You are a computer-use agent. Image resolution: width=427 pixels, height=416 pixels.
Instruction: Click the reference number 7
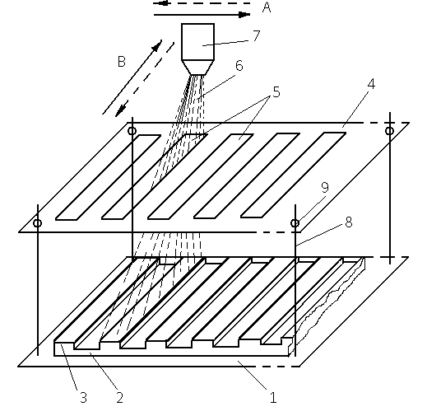click(257, 35)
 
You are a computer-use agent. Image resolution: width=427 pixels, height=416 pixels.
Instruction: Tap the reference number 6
click(239, 66)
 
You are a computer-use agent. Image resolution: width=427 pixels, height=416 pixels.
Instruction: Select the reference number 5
click(276, 92)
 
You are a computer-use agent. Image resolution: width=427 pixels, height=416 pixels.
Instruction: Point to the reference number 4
click(371, 84)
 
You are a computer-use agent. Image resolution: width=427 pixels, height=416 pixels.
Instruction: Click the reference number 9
click(325, 187)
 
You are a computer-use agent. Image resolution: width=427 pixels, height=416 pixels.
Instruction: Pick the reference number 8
click(349, 222)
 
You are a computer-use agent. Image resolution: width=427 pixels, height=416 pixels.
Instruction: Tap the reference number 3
click(83, 397)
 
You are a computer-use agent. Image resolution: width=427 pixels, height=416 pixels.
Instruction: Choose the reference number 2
click(119, 397)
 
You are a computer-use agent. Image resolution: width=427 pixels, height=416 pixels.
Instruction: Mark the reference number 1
click(273, 397)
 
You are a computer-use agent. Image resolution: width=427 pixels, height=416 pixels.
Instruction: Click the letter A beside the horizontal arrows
click(267, 7)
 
